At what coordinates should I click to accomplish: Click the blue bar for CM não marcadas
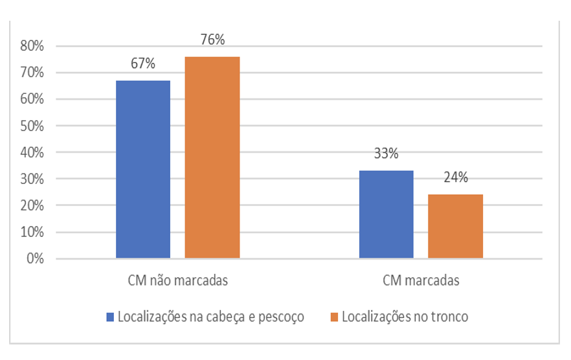coord(143,170)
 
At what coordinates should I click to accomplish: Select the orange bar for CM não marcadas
coord(212,157)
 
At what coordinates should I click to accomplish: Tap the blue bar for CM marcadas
coord(386,214)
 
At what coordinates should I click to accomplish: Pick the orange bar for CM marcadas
coord(455,227)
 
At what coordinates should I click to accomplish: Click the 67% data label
coord(143,63)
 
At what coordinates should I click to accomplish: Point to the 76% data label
coord(212,39)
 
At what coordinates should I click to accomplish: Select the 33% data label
coord(386,154)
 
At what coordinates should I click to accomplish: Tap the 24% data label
coord(455,177)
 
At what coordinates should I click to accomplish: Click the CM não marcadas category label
coord(177,281)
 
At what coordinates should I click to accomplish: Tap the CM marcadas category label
coord(421,281)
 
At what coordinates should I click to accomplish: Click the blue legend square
coord(110,317)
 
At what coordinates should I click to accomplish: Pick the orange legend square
coord(334,317)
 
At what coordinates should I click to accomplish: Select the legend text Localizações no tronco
coord(405,317)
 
